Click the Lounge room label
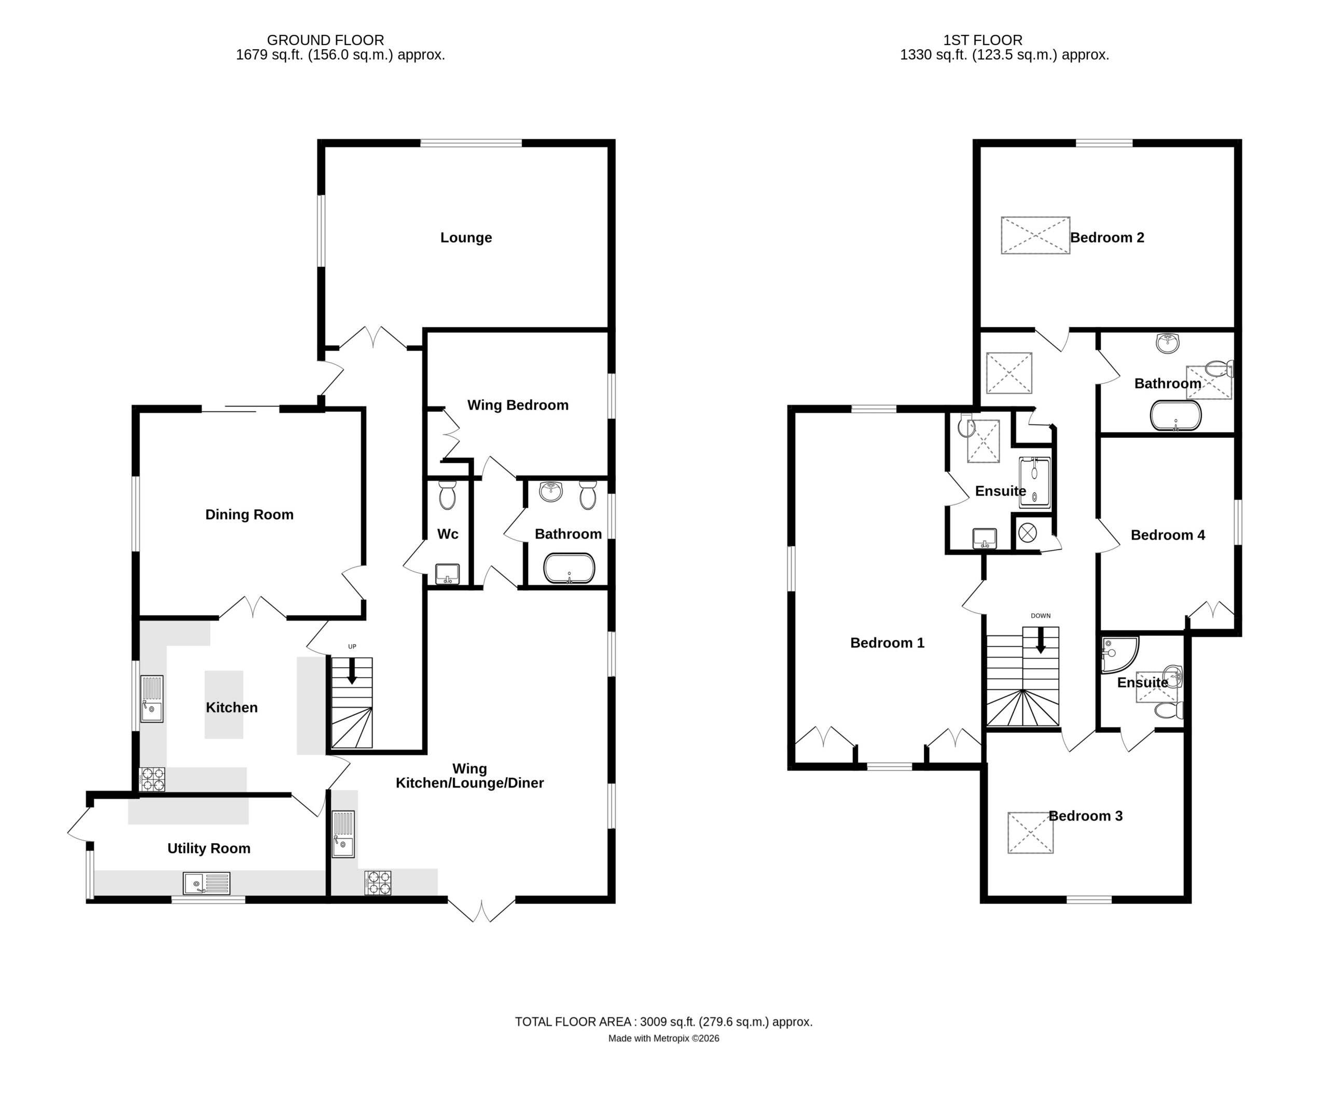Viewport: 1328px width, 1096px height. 466,237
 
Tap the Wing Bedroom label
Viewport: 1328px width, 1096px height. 517,405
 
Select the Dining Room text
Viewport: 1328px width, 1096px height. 249,515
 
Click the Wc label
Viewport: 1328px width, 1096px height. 447,534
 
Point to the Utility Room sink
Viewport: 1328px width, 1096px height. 206,883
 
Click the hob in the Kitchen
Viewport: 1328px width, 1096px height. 152,779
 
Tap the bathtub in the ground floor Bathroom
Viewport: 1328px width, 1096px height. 569,568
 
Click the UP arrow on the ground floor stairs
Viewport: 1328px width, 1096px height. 352,671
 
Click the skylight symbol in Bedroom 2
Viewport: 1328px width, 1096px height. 1035,236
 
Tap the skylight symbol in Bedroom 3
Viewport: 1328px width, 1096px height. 1030,833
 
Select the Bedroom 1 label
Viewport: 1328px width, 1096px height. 887,643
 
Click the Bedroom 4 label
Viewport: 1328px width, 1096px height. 1168,535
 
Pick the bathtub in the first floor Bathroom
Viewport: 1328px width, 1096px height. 1176,415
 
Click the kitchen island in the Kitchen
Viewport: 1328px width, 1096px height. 224,705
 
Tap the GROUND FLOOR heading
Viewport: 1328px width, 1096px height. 326,40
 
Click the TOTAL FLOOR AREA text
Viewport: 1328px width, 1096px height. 663,1022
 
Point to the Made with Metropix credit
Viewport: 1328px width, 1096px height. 663,1038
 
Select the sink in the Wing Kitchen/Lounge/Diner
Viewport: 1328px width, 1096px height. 343,834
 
